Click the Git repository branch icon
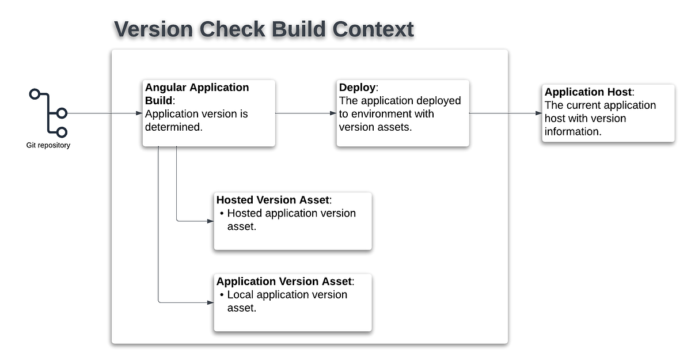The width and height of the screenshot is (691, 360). (x=49, y=113)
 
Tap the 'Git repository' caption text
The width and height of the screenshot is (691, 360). (x=49, y=145)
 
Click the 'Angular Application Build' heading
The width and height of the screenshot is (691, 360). (x=196, y=94)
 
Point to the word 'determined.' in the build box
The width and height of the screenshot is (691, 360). (x=174, y=127)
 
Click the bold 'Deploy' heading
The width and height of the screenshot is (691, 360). (x=357, y=88)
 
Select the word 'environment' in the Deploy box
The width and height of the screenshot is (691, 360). (x=388, y=114)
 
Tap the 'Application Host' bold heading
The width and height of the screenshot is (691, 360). (x=588, y=92)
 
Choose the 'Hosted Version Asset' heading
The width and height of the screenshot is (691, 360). (x=273, y=200)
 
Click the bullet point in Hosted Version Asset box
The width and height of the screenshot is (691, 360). (x=222, y=214)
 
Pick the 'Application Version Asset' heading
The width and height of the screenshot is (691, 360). (x=284, y=281)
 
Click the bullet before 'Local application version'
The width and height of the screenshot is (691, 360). (x=222, y=295)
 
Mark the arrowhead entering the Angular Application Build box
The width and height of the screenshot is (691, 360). (x=139, y=113)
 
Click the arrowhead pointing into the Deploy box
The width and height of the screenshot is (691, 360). (x=333, y=113)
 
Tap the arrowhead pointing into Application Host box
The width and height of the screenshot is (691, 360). (x=538, y=113)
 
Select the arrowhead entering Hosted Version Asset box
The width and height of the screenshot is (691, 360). (x=210, y=221)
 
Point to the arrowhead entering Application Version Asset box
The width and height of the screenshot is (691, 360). (x=210, y=302)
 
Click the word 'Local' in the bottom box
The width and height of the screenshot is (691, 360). (x=240, y=295)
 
